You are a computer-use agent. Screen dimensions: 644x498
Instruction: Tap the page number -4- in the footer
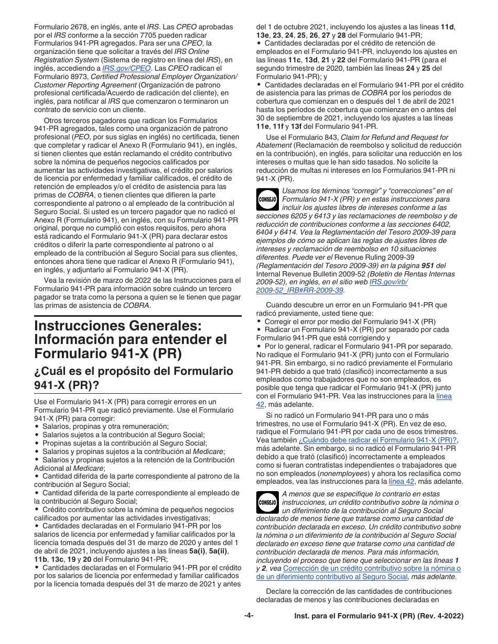pyautogui.click(x=249, y=616)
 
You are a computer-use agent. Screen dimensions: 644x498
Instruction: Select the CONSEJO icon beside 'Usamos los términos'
pyautogui.click(x=267, y=199)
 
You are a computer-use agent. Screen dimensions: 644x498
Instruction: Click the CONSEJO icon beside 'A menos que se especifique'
pyautogui.click(x=267, y=503)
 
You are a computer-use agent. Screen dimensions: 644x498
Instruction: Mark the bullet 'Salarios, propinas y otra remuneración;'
pyautogui.click(x=105, y=427)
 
